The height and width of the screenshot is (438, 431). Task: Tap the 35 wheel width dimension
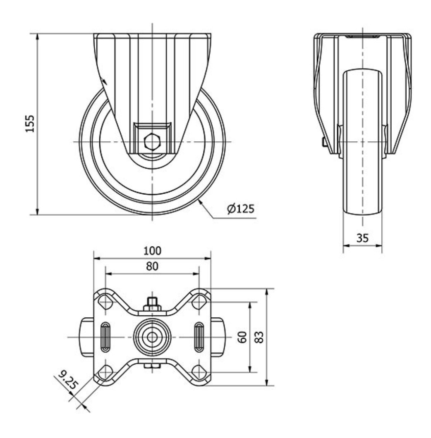[362, 238]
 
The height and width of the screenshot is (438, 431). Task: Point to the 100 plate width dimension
[152, 250]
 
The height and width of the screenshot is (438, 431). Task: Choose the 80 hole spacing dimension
[152, 267]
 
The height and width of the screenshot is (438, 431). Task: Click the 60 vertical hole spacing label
[243, 337]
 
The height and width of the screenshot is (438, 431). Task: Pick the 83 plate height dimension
[259, 337]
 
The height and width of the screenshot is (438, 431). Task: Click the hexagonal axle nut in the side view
[152, 142]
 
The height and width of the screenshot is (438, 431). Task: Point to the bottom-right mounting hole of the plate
[200, 371]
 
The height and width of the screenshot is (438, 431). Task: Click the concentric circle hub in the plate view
[152, 337]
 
